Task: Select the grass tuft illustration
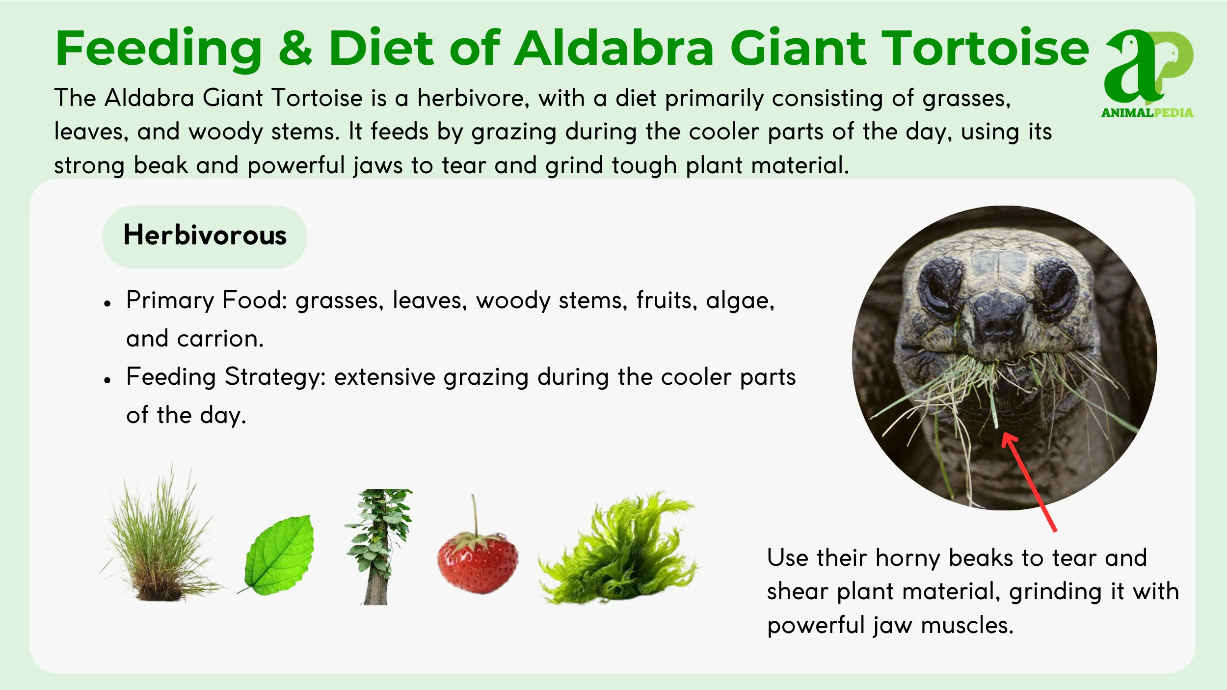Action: [x=160, y=545]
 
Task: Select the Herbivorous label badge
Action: [x=205, y=236]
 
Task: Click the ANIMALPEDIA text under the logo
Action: [x=1147, y=113]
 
